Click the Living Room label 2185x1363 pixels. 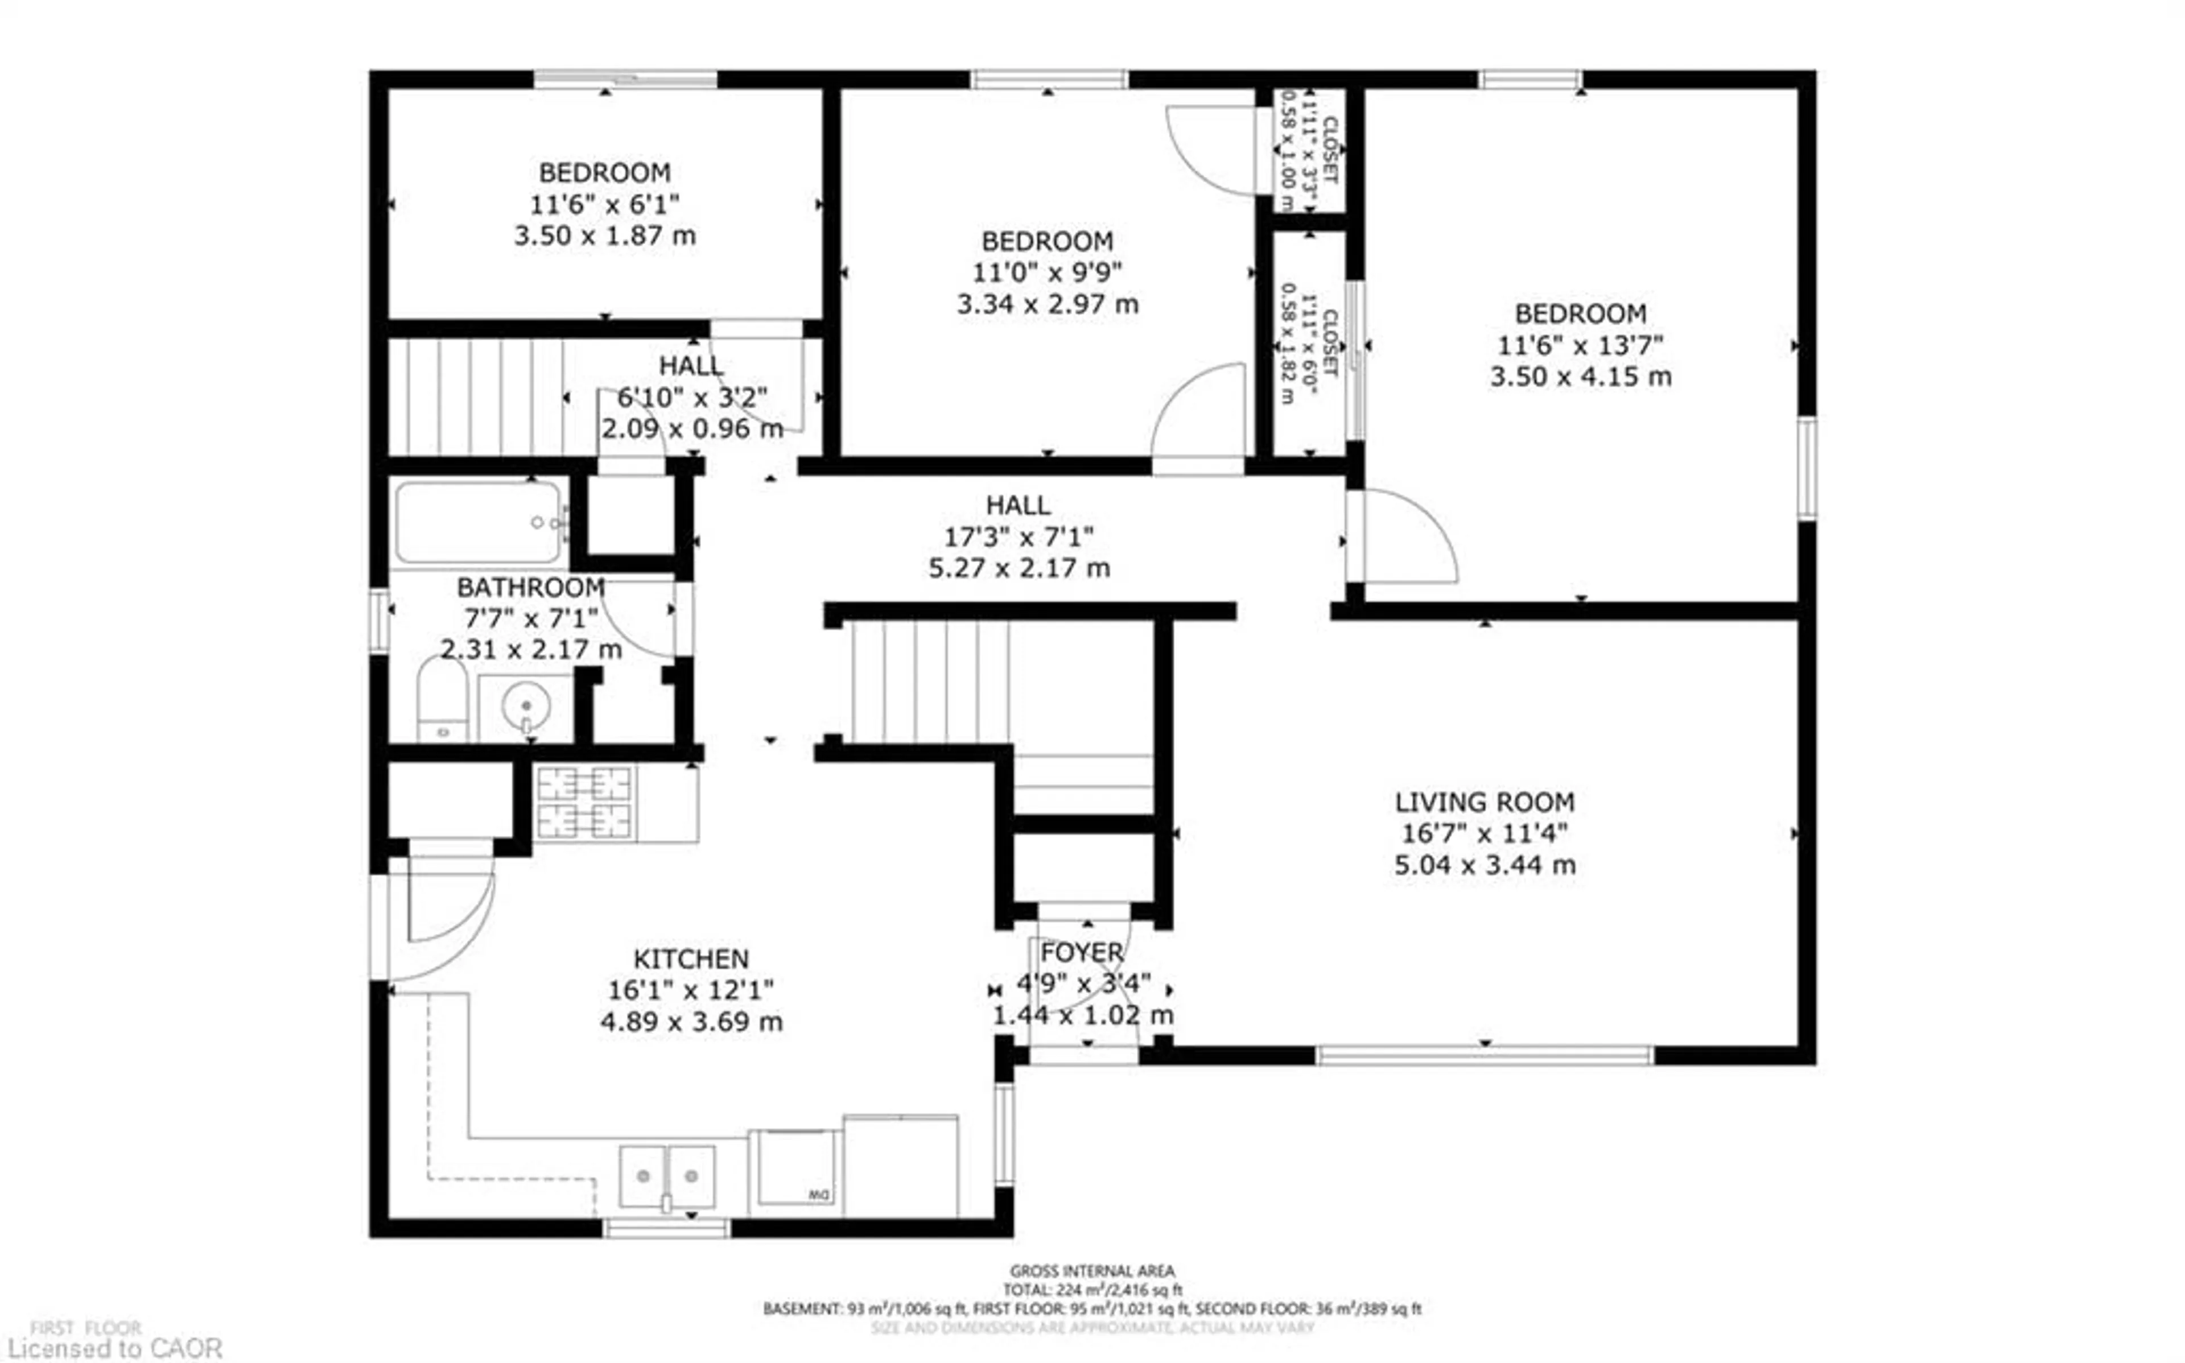(1484, 802)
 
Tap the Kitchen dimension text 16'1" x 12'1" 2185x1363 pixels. (690, 990)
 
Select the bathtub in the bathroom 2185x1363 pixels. (478, 522)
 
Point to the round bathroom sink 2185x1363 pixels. (526, 705)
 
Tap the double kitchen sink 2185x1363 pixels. (667, 1176)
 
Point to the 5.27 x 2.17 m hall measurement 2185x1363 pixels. (1019, 568)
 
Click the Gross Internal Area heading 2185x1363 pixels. (1091, 1271)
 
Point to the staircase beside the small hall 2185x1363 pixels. (478, 396)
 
